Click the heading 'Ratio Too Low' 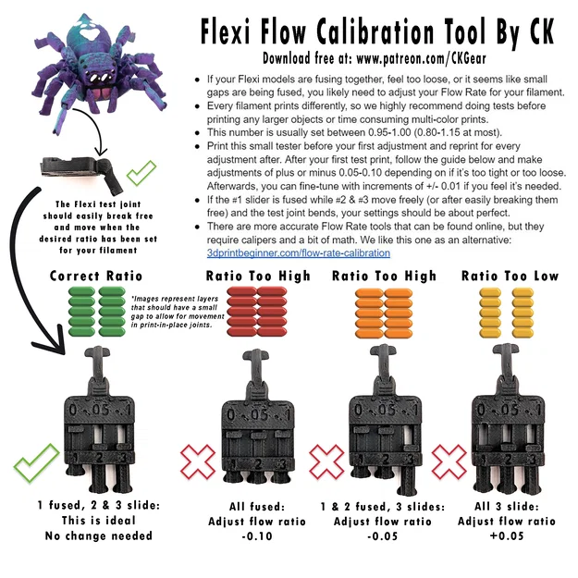point(510,276)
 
